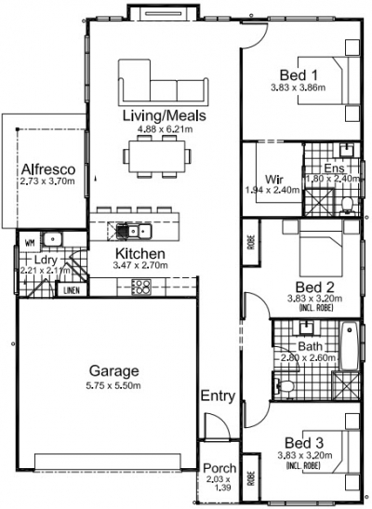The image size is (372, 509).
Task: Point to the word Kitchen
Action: coord(140,253)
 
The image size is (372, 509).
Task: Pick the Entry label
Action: coord(218,395)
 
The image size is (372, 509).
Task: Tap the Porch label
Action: coord(219,468)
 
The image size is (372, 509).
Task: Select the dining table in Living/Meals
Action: coord(160,159)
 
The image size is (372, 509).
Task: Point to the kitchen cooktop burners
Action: coord(142,287)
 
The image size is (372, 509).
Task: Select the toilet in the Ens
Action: coord(345,204)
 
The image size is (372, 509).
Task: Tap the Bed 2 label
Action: coord(299,286)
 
